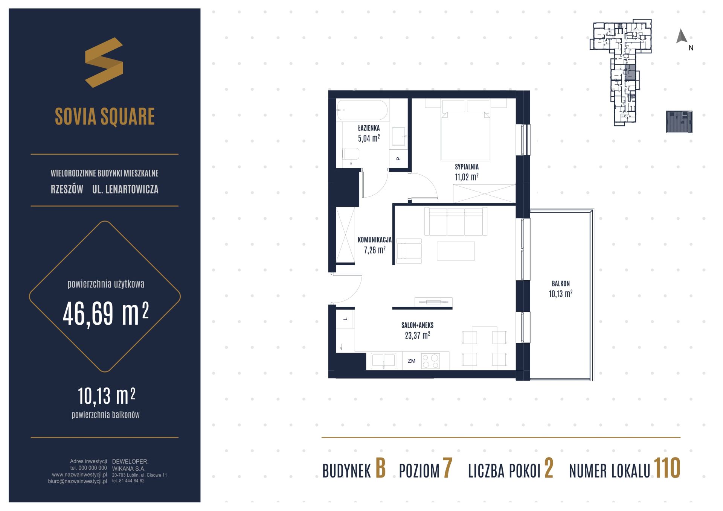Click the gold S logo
tap(104, 62)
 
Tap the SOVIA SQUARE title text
tap(105, 116)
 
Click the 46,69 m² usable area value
tap(106, 313)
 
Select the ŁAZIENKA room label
tap(369, 128)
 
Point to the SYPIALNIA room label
tap(467, 167)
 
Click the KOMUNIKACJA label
tap(375, 240)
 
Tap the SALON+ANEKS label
tap(417, 325)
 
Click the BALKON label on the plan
tap(561, 284)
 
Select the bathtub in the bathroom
tap(362, 110)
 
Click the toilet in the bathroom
tap(351, 154)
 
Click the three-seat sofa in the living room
tap(456, 221)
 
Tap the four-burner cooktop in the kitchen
tap(430, 361)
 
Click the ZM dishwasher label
tap(412, 361)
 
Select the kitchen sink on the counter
tap(383, 361)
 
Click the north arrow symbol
tap(682, 36)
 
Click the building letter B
tap(381, 468)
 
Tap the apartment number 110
tap(667, 468)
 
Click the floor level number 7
tap(447, 468)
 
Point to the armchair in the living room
tap(409, 251)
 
